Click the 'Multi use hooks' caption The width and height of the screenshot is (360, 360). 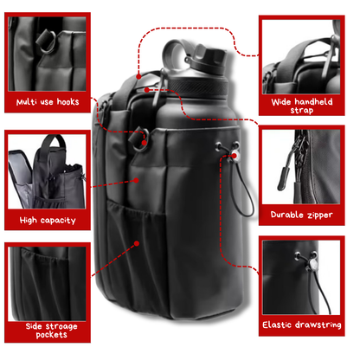(x=48, y=102)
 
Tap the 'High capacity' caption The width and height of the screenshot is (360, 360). (x=48, y=221)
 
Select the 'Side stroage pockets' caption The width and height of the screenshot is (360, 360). (x=52, y=331)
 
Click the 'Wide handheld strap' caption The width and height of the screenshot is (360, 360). (x=302, y=106)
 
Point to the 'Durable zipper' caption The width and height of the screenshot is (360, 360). (x=302, y=215)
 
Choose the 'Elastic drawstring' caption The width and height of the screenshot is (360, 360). (x=302, y=325)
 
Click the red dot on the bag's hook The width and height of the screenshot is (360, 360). (x=145, y=143)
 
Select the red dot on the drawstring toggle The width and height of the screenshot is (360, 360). (x=235, y=156)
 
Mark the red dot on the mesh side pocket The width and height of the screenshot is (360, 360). (x=137, y=243)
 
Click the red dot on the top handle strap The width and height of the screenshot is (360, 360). (x=138, y=76)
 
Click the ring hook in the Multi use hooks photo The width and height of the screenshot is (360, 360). (x=46, y=42)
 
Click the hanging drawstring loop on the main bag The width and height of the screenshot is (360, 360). (x=245, y=187)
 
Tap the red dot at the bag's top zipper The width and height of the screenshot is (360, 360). (x=147, y=90)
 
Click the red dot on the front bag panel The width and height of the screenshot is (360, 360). (x=136, y=180)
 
